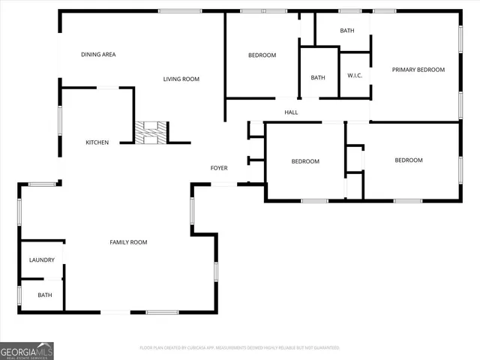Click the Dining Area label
point(98,55)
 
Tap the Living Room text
point(181,79)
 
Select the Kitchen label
point(97,142)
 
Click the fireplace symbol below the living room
point(151,133)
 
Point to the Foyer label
point(218,168)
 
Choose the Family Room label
point(128,242)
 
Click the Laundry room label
point(42,260)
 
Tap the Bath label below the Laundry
point(45,295)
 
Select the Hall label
point(291,112)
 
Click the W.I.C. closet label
point(355,76)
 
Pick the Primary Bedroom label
point(418,70)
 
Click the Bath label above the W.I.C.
point(346,31)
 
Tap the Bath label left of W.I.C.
point(318,77)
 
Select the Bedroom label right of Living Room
point(262,55)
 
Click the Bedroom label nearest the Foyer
point(305,161)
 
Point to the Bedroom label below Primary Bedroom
point(409,160)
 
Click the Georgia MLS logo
point(27,350)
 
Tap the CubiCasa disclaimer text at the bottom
point(239,348)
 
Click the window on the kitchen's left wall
point(60,120)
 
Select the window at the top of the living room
point(180,10)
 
